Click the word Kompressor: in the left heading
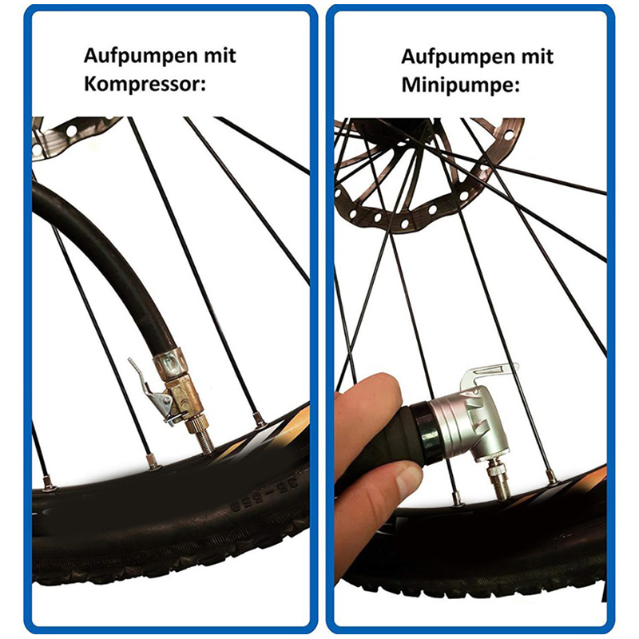[x=145, y=85]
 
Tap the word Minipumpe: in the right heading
[x=461, y=85]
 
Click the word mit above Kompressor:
[x=220, y=55]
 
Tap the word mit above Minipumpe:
[x=537, y=56]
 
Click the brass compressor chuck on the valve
[x=185, y=400]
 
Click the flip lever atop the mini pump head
[x=489, y=373]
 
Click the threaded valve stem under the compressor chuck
[x=204, y=443]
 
